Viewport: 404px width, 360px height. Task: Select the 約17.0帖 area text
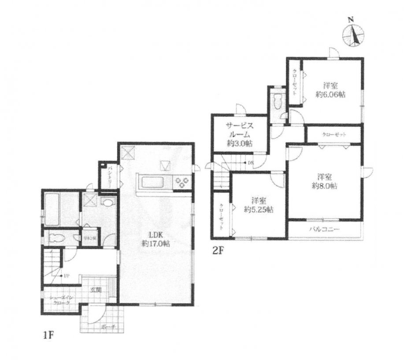pyautogui.click(x=153, y=243)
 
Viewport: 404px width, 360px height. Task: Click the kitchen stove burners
pyautogui.click(x=182, y=182)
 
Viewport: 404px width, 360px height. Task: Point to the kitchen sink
pyautogui.click(x=152, y=182)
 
